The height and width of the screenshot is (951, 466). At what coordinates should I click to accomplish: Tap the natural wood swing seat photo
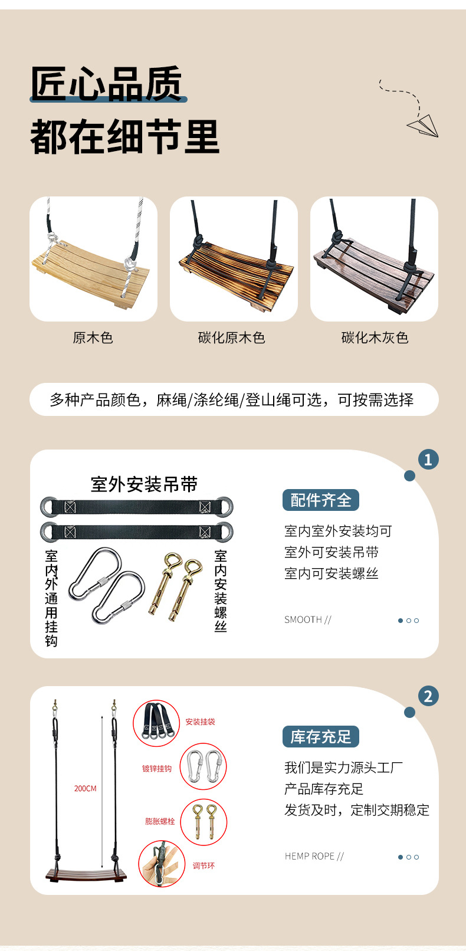coord(93,258)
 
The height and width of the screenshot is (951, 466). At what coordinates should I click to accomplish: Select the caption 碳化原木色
coord(232,337)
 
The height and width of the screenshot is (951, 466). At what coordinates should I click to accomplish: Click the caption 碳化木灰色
coord(375,337)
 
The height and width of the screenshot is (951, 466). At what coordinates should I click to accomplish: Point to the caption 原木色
coord(93,337)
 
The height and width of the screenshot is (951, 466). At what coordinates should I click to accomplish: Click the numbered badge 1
coord(428,460)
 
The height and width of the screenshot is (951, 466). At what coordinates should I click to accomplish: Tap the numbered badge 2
coord(428,696)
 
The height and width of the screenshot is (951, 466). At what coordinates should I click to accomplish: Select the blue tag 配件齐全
coord(321,500)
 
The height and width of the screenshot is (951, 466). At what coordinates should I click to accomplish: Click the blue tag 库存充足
coord(321,737)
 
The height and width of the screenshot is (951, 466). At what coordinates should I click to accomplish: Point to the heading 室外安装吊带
coord(145,484)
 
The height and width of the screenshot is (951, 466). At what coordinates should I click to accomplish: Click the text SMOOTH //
coord(308,619)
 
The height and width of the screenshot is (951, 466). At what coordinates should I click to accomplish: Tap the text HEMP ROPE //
coord(314,856)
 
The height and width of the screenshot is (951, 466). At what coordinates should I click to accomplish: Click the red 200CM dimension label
coord(86,788)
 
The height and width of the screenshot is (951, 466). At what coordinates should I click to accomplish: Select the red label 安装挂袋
coord(201,722)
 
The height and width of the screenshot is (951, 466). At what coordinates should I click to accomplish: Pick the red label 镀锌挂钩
coord(157,769)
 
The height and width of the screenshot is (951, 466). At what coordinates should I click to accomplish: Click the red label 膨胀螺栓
coord(160,821)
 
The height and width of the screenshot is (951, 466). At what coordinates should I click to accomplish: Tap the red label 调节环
coord(204,865)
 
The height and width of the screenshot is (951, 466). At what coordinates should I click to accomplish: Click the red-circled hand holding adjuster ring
coord(162,864)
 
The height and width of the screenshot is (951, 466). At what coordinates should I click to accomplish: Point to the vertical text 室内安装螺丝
coord(220,591)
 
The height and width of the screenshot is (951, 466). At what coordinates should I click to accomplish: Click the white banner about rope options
coord(234,399)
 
